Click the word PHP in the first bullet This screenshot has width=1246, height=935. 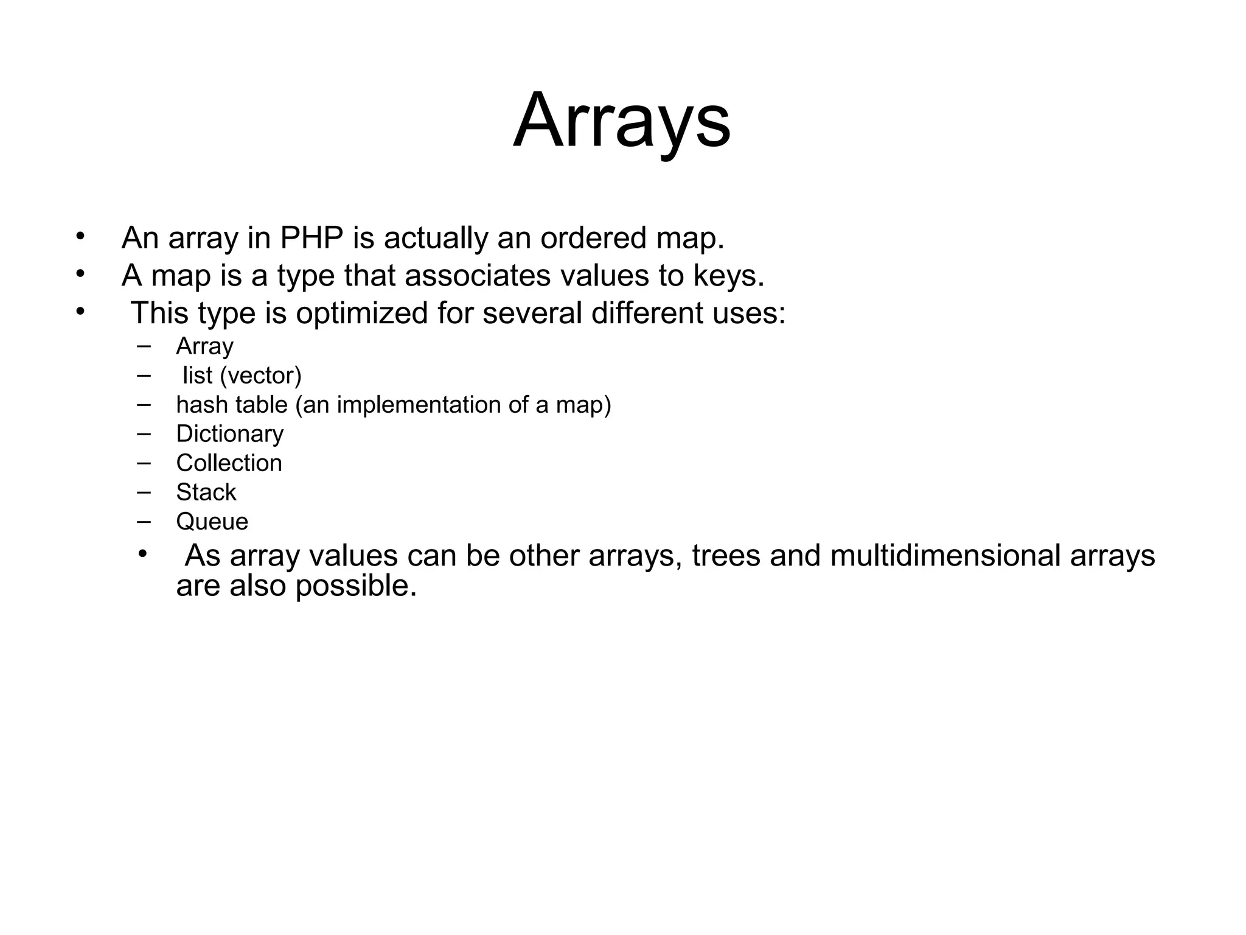[x=311, y=238]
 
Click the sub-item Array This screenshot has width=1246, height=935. [x=204, y=347]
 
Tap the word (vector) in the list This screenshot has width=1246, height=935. [x=260, y=376]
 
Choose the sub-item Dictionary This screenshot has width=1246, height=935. [x=229, y=434]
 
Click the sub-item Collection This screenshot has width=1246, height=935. [x=229, y=463]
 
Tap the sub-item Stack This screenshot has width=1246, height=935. [x=206, y=492]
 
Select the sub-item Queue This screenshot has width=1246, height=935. [x=212, y=522]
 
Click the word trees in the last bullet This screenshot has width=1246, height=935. [x=726, y=556]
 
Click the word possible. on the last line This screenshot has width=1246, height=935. [x=356, y=586]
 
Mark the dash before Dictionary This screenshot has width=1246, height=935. [x=144, y=433]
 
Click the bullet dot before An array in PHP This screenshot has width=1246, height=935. [x=80, y=236]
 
